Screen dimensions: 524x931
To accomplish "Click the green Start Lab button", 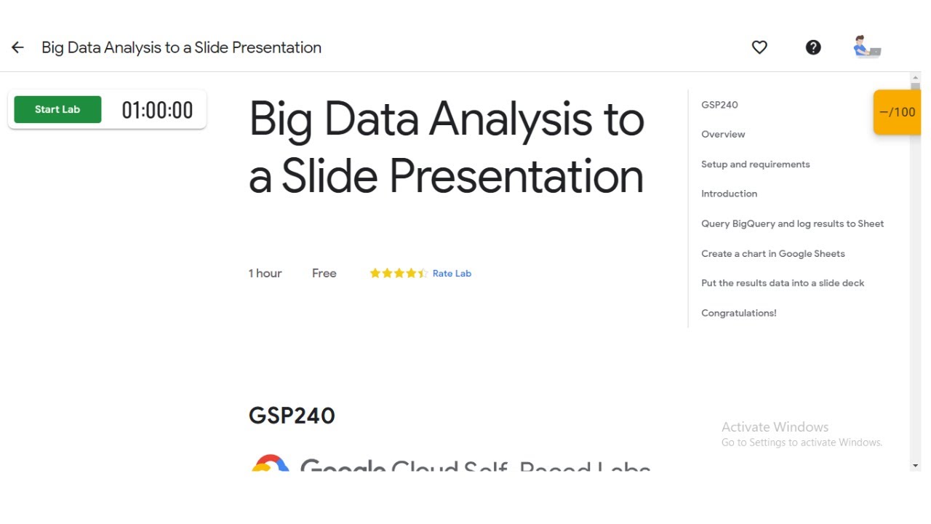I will (x=57, y=109).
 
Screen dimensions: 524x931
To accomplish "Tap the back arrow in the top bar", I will (x=17, y=47).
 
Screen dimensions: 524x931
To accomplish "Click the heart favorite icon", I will (x=759, y=47).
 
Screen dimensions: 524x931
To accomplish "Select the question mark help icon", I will (x=813, y=47).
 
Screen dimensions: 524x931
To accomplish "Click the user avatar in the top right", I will (x=866, y=47).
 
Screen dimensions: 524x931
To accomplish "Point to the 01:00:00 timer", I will (x=157, y=111).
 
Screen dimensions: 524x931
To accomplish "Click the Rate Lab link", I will (x=452, y=274).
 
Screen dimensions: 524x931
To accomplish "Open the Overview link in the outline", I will (x=723, y=135).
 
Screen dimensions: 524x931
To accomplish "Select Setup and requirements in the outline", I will (x=755, y=164).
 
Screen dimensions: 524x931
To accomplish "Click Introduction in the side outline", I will (x=729, y=194).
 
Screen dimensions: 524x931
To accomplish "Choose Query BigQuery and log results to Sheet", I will (x=792, y=223).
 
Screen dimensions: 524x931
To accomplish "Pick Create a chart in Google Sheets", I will (x=772, y=254).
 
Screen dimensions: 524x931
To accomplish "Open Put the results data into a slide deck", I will (x=783, y=283).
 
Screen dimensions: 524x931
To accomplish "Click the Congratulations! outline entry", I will (x=738, y=313).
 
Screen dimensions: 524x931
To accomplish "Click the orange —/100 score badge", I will (x=898, y=112).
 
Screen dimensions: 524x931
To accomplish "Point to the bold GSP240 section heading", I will (x=292, y=416).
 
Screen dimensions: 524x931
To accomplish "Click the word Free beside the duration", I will (x=324, y=274).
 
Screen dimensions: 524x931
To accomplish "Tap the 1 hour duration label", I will (x=265, y=274).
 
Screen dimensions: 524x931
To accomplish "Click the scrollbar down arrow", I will (x=915, y=466).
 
